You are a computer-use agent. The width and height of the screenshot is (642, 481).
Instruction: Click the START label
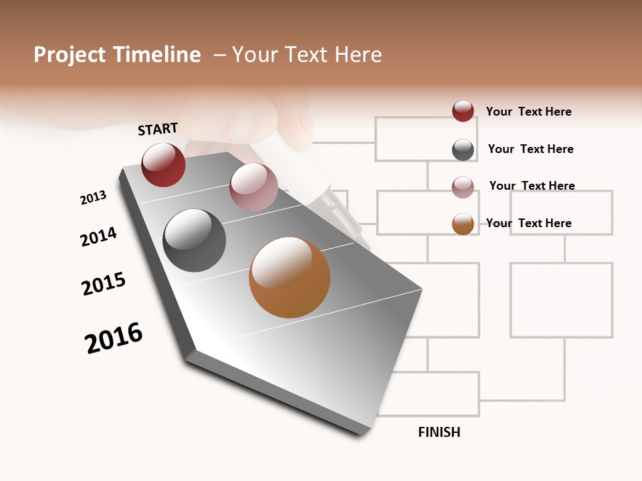(158, 129)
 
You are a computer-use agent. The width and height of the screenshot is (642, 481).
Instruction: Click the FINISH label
(439, 432)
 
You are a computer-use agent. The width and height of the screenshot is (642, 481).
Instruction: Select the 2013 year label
(93, 198)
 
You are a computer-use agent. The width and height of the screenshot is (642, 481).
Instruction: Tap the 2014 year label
(98, 236)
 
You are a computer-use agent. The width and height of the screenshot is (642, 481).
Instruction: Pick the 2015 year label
(104, 284)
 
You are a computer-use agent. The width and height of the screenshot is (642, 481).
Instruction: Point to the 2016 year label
(114, 337)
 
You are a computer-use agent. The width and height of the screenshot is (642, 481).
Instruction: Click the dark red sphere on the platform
(163, 164)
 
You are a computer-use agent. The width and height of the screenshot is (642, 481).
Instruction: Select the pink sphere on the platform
(253, 186)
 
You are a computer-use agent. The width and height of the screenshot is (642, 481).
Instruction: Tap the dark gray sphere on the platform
(194, 240)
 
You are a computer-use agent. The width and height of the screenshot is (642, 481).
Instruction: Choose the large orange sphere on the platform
(290, 277)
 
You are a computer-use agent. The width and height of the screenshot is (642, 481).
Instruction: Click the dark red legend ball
(463, 111)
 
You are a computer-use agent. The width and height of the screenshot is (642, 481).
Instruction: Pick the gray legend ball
(463, 150)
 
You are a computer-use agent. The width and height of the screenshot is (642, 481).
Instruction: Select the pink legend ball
(463, 187)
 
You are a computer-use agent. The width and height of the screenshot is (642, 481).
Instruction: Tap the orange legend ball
(463, 224)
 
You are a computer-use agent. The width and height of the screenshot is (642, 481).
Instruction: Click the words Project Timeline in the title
(117, 55)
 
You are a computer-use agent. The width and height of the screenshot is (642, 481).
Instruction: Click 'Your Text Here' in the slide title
(306, 55)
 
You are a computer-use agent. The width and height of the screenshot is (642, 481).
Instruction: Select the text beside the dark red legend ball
(528, 112)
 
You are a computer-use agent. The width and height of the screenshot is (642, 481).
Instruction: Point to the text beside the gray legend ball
(530, 149)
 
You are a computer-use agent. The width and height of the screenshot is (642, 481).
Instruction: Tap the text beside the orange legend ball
(528, 223)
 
